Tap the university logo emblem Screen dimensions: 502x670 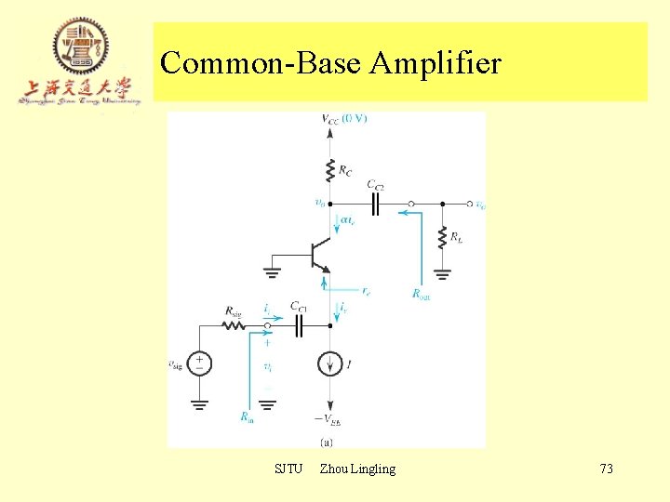pos(80,46)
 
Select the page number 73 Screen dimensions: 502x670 pos(606,469)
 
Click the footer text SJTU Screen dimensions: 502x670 pos(288,469)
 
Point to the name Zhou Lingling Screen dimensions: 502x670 pos(357,469)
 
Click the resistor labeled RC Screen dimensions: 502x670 pos(329,170)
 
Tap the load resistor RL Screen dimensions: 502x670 pos(442,239)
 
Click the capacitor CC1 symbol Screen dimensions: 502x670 pos(300,325)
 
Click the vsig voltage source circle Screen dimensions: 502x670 pos(199,363)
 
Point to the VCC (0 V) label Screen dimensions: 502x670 pos(343,118)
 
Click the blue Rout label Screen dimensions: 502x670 pos(422,295)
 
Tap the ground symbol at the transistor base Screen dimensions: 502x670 pos(271,272)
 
